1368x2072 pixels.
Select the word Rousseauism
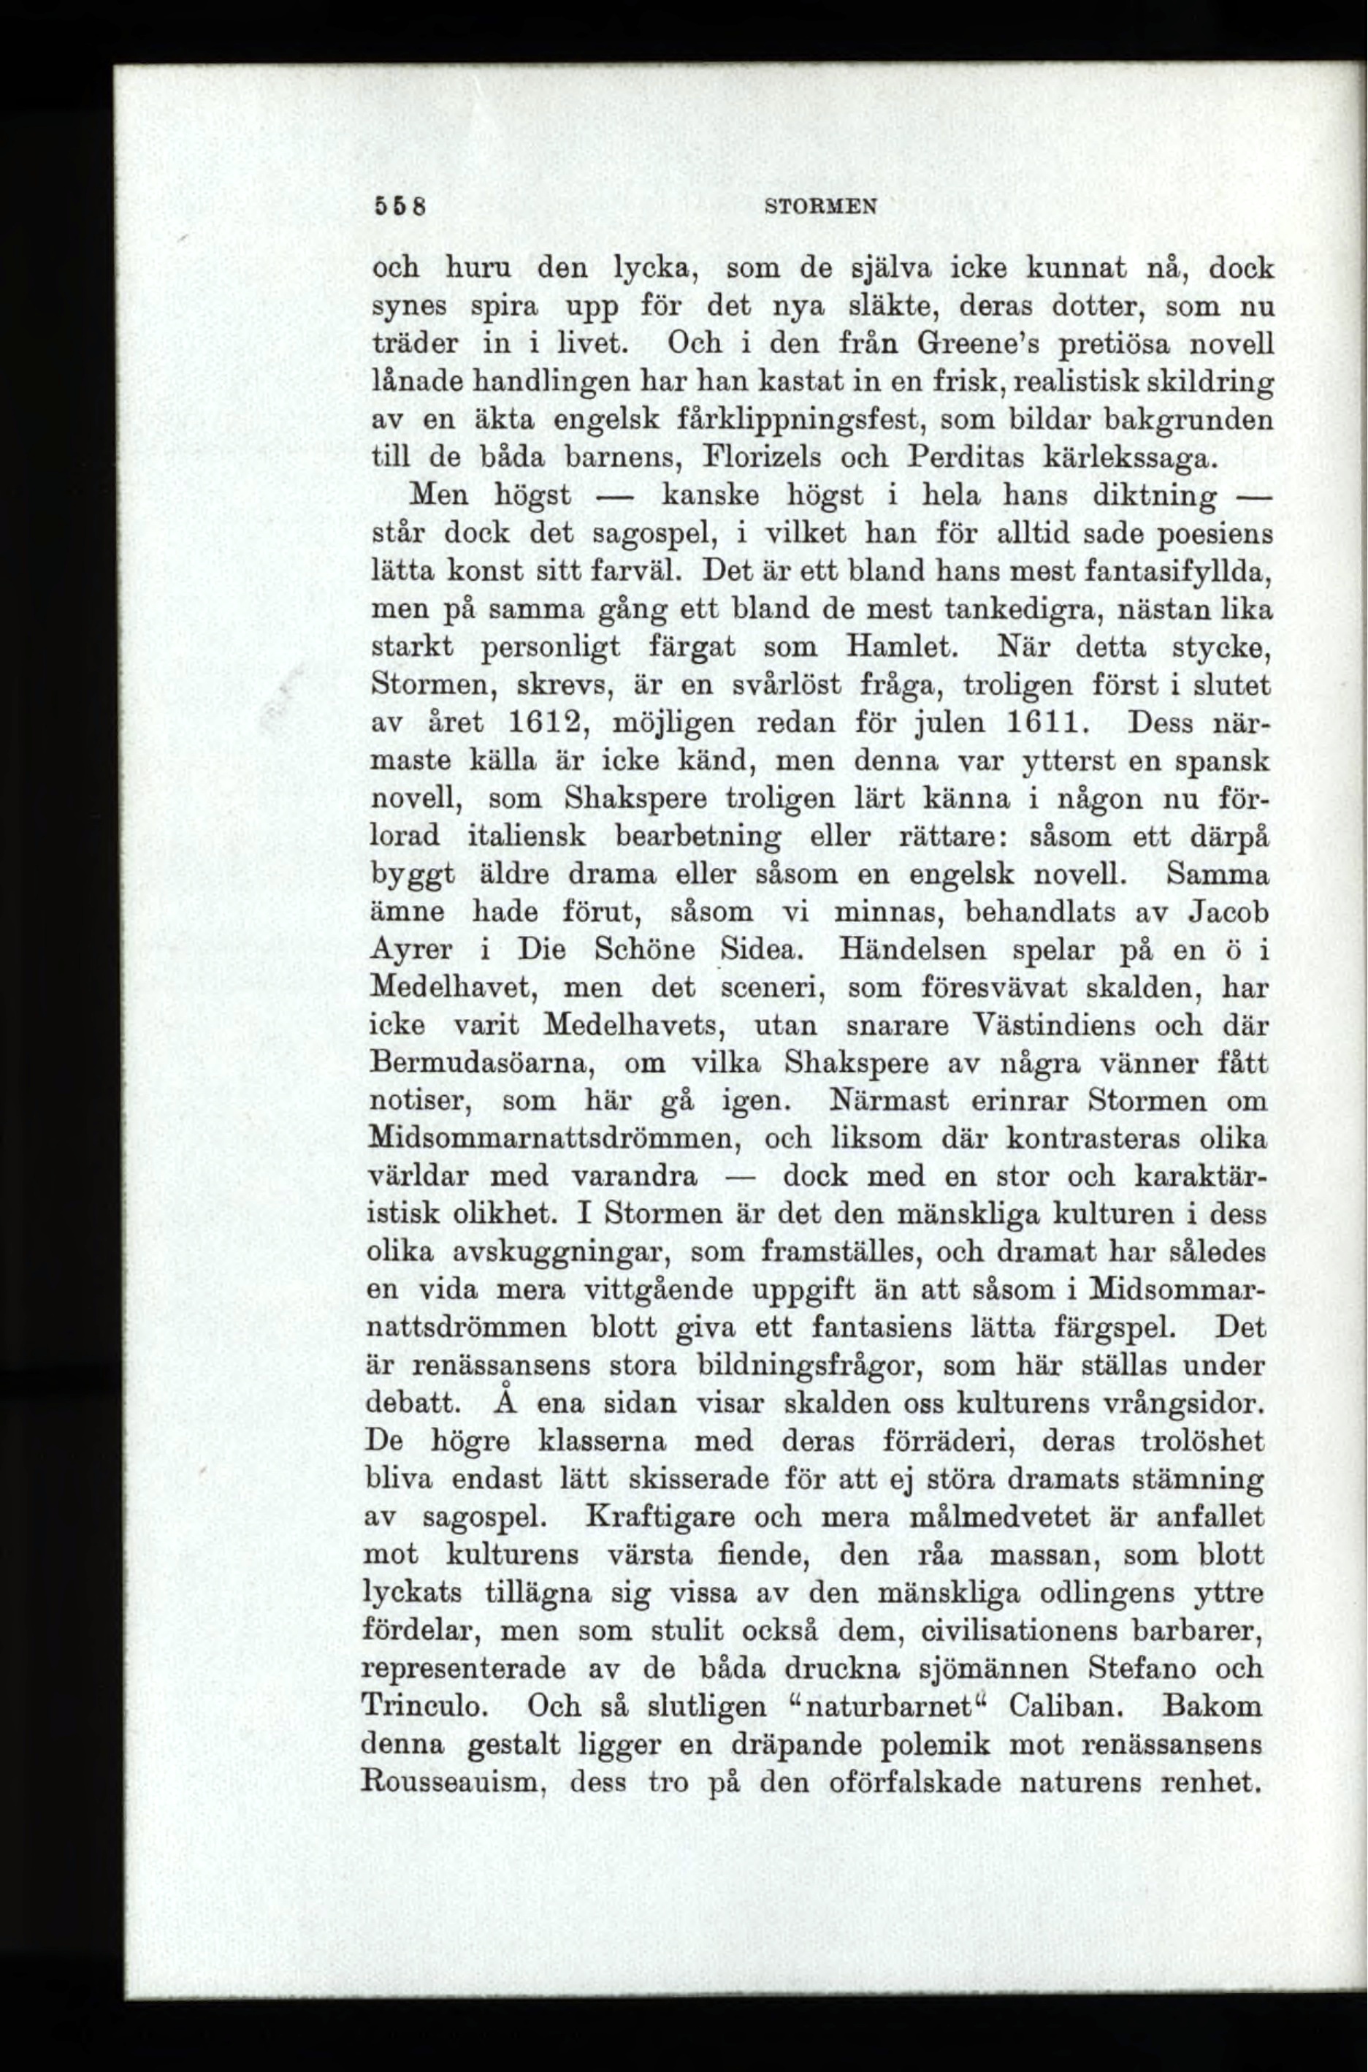454,1781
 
